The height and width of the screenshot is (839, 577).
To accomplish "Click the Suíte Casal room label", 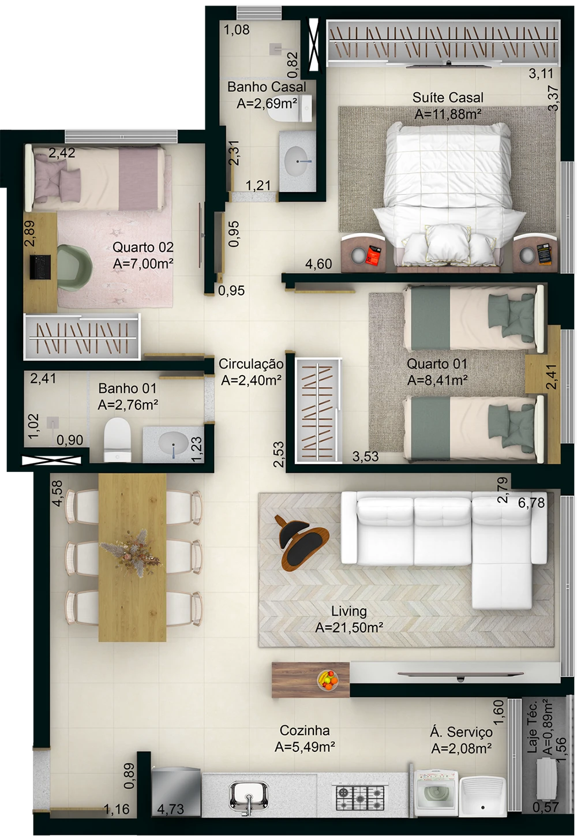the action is tap(448, 98).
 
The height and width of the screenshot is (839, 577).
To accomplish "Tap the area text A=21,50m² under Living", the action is tap(349, 627).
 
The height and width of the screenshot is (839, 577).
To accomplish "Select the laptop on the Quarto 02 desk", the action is tap(40, 267).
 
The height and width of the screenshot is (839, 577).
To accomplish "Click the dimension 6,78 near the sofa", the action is tap(531, 503).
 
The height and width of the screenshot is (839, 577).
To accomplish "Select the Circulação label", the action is tap(251, 364).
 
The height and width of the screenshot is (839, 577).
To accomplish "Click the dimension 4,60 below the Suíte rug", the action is tap(319, 264).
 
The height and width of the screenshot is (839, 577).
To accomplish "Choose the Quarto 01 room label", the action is tap(437, 364).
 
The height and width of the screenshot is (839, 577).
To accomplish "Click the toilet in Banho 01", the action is tap(117, 440).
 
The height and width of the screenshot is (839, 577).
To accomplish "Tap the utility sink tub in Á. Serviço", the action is tap(482, 794).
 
